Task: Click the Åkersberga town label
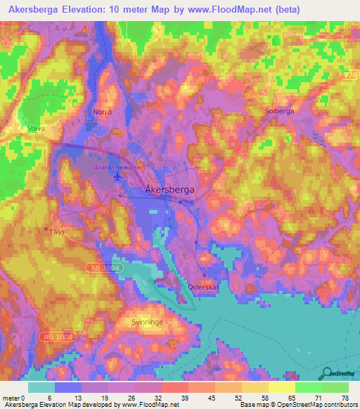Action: pyautogui.click(x=169, y=189)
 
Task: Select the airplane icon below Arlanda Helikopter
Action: pyautogui.click(x=116, y=176)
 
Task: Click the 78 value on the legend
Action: pyautogui.click(x=345, y=398)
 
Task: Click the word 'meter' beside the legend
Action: pyautogui.click(x=11, y=398)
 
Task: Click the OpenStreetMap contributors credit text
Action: pyautogui.click(x=320, y=405)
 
